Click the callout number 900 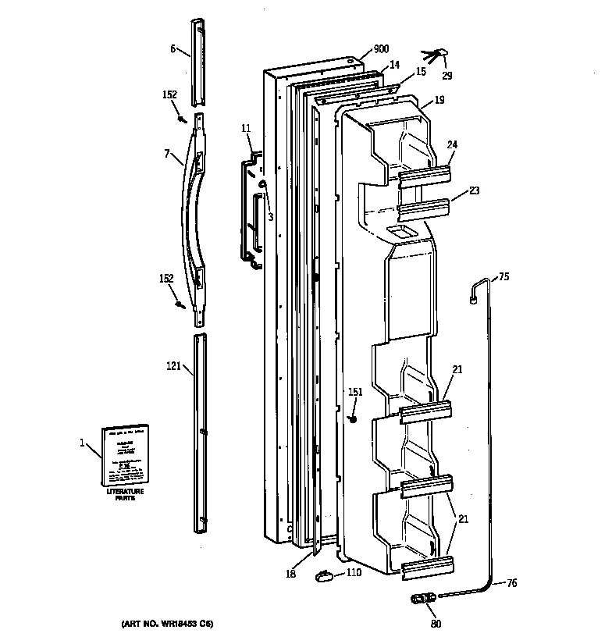381,49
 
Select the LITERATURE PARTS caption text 126,495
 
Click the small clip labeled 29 439,55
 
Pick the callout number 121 173,365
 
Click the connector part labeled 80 422,600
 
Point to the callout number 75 503,276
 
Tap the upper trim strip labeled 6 198,62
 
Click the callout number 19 439,100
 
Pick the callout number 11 246,126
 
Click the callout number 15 420,72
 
